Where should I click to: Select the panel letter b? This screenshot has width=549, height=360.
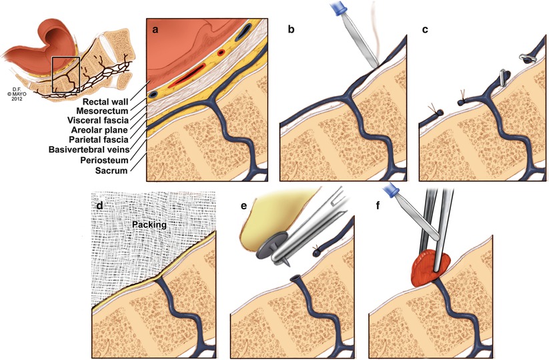tap(290, 30)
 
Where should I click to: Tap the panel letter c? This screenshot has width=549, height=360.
tap(428, 30)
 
